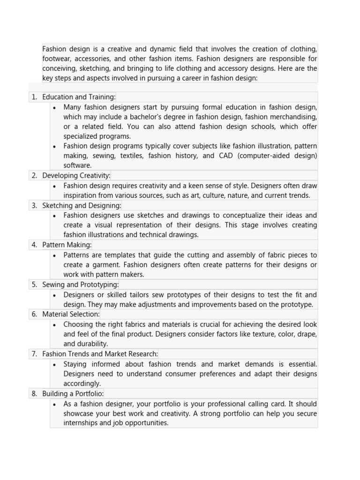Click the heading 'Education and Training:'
click(x=79, y=97)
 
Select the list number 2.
click(x=34, y=176)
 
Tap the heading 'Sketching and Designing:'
click(x=82, y=205)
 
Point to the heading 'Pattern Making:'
click(x=67, y=245)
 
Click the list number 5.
click(x=34, y=285)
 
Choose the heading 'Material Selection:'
click(x=71, y=314)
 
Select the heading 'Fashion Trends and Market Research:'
click(x=100, y=354)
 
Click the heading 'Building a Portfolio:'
click(x=73, y=394)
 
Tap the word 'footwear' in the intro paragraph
click(x=57, y=59)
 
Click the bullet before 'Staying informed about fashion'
click(x=55, y=364)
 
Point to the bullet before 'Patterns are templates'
click(x=55, y=255)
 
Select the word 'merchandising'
click(x=293, y=117)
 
